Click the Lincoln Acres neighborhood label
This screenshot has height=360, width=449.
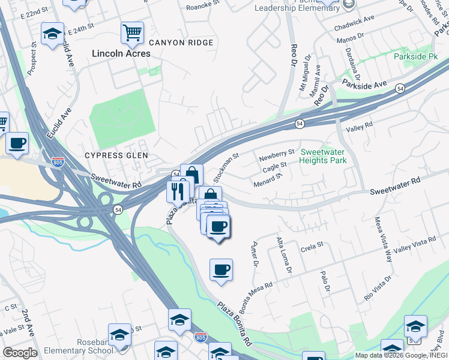(x=121, y=53)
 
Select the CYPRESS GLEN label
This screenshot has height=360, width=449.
(x=116, y=155)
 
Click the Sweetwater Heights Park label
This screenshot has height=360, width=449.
(x=323, y=157)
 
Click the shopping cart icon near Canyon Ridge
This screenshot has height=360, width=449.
(x=132, y=33)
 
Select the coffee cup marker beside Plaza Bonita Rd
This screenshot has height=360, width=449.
(x=221, y=269)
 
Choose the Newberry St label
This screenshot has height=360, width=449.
(x=277, y=157)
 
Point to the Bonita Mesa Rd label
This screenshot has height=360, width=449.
(x=256, y=293)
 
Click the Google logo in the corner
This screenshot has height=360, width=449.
(x=20, y=353)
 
